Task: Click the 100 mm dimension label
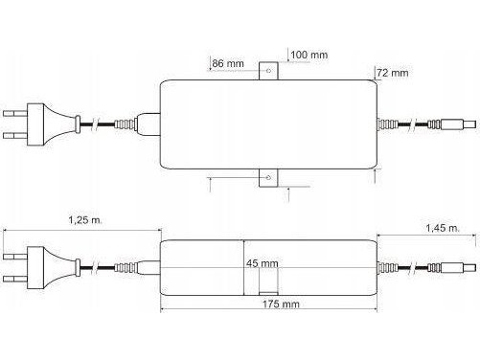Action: pos(309,55)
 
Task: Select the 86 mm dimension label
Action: pos(228,63)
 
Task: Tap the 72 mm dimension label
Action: pos(393,73)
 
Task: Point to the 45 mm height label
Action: pos(263,263)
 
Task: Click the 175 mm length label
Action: pos(281,304)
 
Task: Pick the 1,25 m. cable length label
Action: pos(85,220)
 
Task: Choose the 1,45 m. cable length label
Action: pos(443,228)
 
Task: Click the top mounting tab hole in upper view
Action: pos(268,71)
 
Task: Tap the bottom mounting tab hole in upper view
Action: pos(268,177)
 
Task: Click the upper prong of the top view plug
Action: pos(15,113)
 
